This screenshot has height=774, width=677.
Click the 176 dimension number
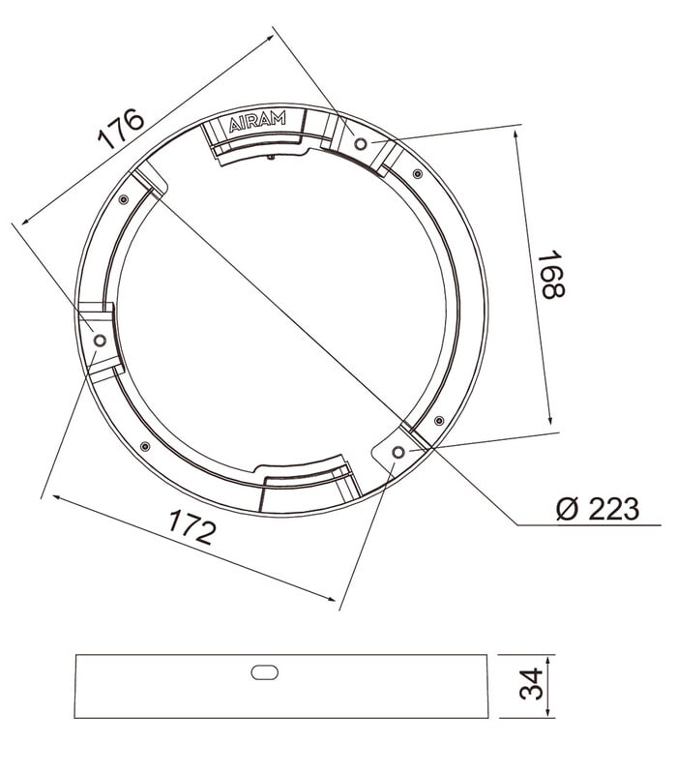(x=121, y=129)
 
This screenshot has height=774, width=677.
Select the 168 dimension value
(x=551, y=275)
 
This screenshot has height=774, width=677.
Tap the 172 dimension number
(x=191, y=527)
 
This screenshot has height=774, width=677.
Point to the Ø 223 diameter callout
(x=597, y=509)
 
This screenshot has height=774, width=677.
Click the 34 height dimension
(x=531, y=684)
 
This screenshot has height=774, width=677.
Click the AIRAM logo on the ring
(x=257, y=122)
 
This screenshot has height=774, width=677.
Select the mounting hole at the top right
(x=361, y=143)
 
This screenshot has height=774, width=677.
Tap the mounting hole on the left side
(x=101, y=341)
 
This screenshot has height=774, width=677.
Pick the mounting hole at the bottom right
(x=398, y=452)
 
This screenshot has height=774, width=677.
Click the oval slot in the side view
(x=264, y=672)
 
